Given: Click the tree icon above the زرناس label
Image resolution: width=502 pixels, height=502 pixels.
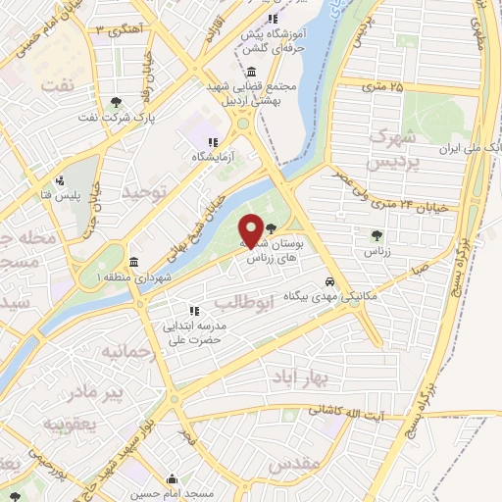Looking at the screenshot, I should [x=377, y=234].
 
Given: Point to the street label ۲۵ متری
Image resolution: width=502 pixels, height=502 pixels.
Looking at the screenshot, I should [x=382, y=88].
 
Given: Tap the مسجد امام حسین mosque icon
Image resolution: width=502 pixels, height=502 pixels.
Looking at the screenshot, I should [x=173, y=480].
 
